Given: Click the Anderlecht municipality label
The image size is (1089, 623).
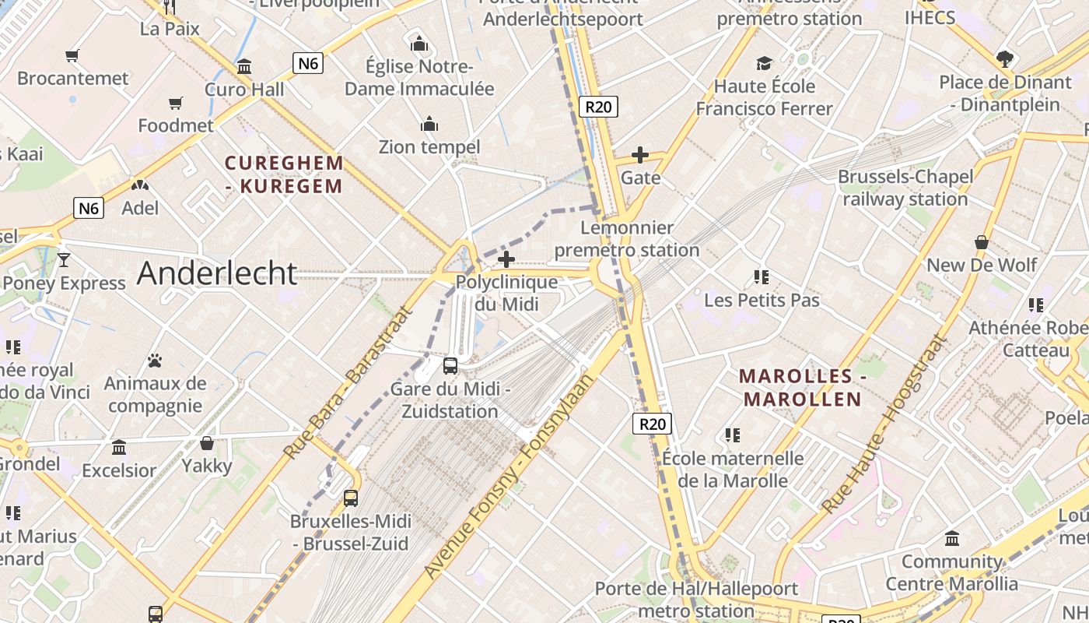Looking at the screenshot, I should click(217, 273).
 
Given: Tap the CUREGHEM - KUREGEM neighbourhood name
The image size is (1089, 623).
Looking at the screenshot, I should click(284, 174).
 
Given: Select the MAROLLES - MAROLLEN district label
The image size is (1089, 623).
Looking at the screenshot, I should click(803, 388).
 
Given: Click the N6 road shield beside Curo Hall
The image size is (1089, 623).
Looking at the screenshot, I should click(308, 63).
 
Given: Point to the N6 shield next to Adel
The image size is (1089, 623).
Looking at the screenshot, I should click(89, 208).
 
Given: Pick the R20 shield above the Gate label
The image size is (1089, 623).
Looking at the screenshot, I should click(598, 107).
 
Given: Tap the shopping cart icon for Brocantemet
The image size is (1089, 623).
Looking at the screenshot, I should click(72, 56).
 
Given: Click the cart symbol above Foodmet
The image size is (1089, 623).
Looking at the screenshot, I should click(176, 104).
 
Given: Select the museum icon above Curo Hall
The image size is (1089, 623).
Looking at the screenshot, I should click(244, 67).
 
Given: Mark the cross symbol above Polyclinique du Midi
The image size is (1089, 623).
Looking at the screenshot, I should click(506, 259).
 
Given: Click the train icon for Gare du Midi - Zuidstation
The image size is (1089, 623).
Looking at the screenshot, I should click(450, 365).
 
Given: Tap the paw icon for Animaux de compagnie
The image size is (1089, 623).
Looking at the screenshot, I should click(155, 361).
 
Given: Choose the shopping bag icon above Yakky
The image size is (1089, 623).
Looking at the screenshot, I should click(207, 444).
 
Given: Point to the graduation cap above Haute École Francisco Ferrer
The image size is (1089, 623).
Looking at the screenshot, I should click(765, 64).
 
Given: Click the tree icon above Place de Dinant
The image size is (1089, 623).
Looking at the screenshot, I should click(1005, 59).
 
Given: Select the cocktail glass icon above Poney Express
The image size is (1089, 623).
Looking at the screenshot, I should click(64, 260).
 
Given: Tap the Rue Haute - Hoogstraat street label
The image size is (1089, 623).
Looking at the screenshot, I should click(885, 425).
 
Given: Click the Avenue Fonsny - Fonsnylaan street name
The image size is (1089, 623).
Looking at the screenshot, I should click(509, 477).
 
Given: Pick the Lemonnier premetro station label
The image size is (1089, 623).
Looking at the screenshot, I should click(627, 239).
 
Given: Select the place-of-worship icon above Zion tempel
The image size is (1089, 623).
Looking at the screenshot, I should click(429, 125).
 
